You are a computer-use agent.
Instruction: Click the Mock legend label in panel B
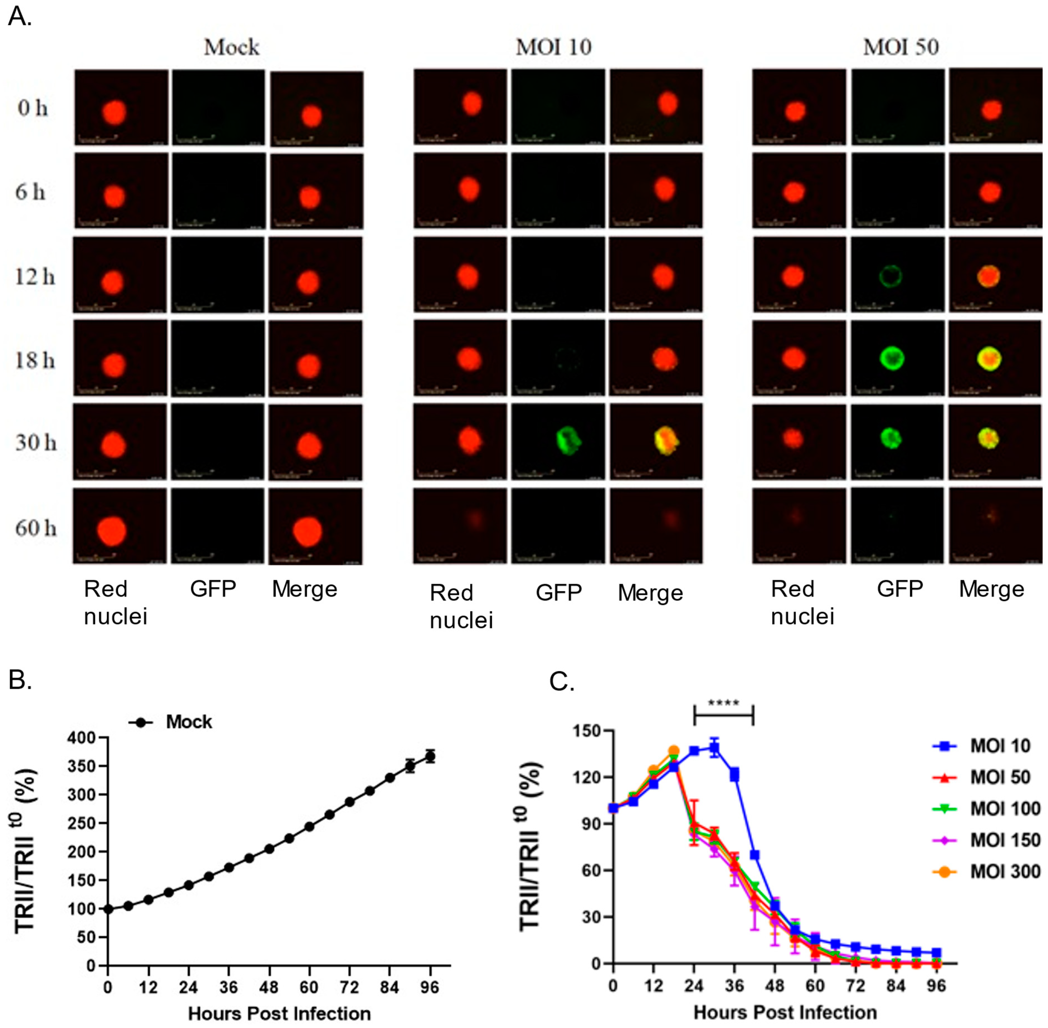[x=189, y=722]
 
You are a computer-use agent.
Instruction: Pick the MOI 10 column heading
[x=554, y=48]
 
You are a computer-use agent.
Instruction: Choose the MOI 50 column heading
[x=901, y=48]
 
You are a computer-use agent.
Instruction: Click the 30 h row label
[x=36, y=443]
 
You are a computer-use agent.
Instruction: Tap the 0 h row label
[x=32, y=109]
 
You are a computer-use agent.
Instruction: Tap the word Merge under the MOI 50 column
[x=991, y=589]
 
